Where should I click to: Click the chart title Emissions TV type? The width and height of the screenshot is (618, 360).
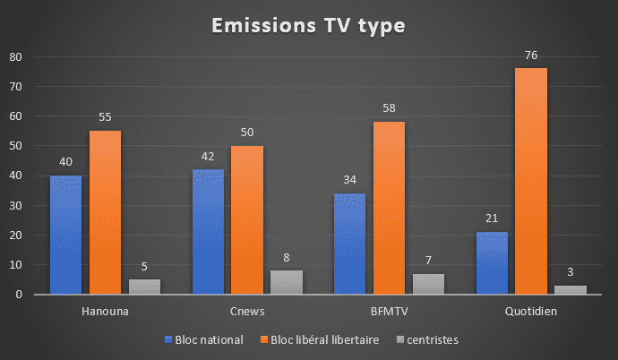point(308,27)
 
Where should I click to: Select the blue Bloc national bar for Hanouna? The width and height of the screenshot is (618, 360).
point(65,235)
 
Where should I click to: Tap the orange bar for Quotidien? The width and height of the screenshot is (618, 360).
point(530,181)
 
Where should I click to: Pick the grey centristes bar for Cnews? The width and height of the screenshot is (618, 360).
point(287,282)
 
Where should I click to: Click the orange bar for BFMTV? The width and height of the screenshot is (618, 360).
point(389,208)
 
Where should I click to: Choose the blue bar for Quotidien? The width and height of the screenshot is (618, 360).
point(492,263)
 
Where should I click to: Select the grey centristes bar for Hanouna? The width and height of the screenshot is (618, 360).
point(144,287)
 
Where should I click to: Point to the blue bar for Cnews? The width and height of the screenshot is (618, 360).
point(208,232)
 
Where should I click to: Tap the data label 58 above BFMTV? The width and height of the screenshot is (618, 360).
point(389,109)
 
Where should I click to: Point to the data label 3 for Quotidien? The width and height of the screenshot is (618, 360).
point(570,273)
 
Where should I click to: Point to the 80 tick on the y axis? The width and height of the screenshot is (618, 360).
point(15,57)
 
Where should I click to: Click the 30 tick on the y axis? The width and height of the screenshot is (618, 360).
point(15,206)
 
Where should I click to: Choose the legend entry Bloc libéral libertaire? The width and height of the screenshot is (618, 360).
point(318,340)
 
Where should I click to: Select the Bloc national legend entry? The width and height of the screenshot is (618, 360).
point(204,340)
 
